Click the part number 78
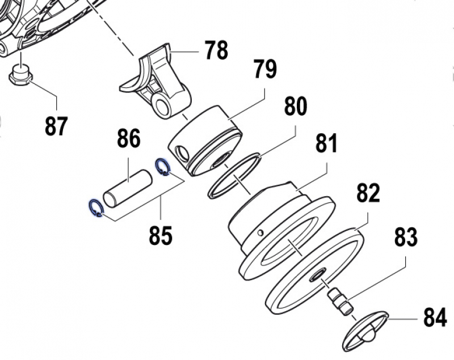[216, 50]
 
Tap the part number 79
[265, 70]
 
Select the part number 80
[295, 106]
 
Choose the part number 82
[368, 193]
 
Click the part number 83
[405, 237]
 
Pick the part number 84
[435, 318]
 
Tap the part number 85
[161, 235]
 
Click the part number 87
[57, 126]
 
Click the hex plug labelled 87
[22, 75]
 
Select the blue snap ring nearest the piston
[163, 167]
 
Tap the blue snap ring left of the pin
[95, 208]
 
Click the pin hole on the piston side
[182, 152]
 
